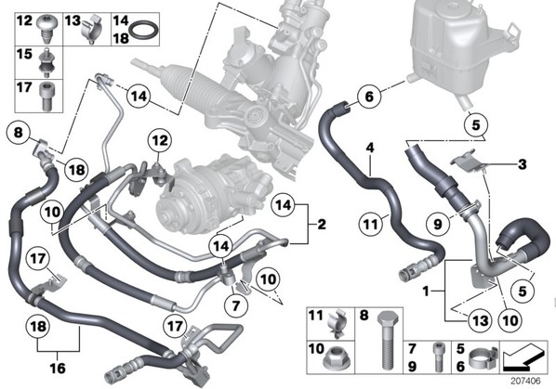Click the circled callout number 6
pyautogui.click(x=369, y=97)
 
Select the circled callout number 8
pyautogui.click(x=18, y=133)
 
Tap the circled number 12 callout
pyautogui.click(x=160, y=140)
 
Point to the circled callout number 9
pyautogui.click(x=438, y=224)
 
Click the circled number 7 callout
pyautogui.click(x=236, y=305)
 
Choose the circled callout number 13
pyautogui.click(x=480, y=320)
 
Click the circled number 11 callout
pyautogui.click(x=371, y=224)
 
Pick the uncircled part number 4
pyautogui.click(x=370, y=148)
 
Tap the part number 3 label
pyautogui.click(x=522, y=164)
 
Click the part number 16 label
pyautogui.click(x=58, y=368)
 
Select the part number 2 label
pyautogui.click(x=322, y=224)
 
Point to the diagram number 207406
pyautogui.click(x=526, y=381)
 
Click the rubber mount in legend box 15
pyautogui.click(x=46, y=62)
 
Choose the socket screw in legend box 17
pyautogui.click(x=46, y=97)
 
